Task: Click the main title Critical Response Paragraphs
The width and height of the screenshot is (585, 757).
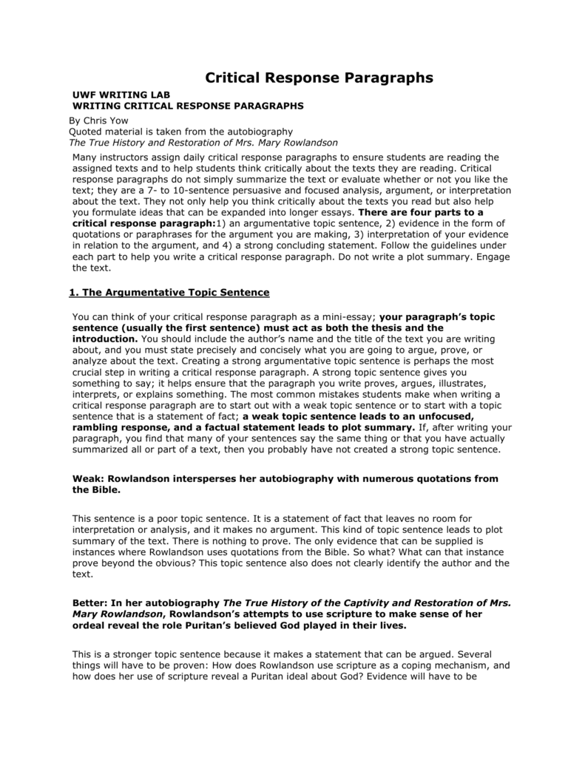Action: pyautogui.click(x=318, y=78)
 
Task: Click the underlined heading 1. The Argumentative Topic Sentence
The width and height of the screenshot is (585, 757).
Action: pyautogui.click(x=169, y=292)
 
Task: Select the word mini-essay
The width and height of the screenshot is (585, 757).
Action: pyautogui.click(x=347, y=316)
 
